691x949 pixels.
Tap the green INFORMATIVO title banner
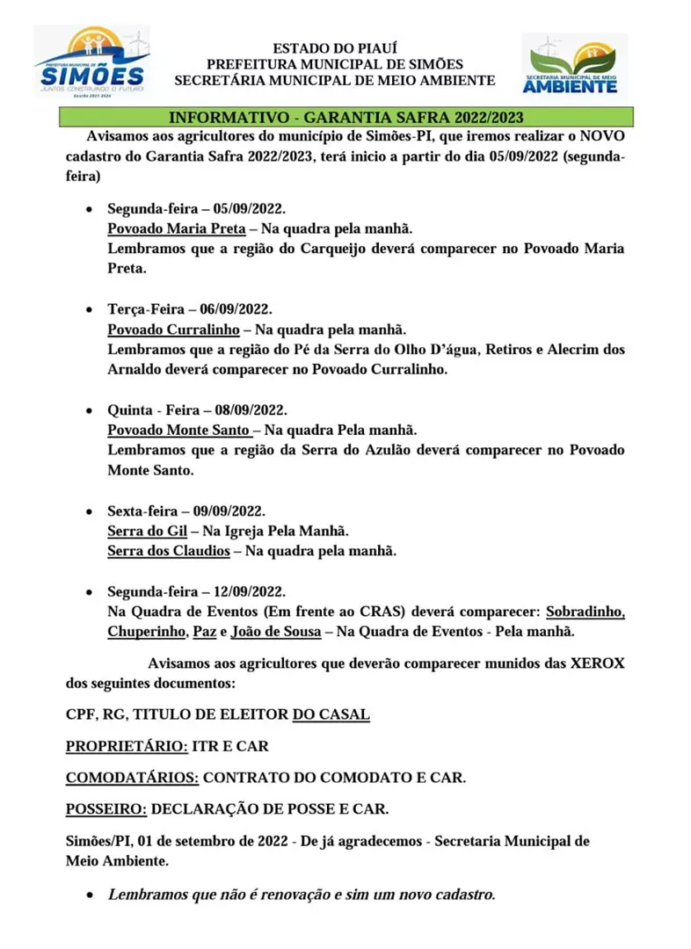point(346,117)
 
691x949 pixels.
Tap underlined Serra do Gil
point(141,531)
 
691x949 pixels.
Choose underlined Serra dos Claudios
point(168,551)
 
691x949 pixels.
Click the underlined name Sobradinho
point(585,611)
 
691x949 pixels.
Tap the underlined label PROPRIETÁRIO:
point(127,746)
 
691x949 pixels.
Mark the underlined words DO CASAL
point(331,714)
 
